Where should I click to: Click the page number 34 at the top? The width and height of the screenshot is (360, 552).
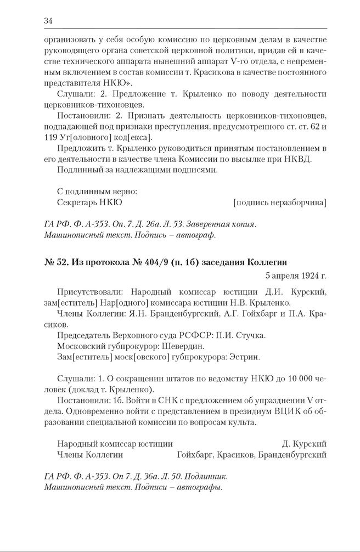coord(48,21)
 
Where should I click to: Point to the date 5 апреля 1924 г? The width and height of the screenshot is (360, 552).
coord(295,275)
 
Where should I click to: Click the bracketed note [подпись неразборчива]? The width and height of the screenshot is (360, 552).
coord(279,202)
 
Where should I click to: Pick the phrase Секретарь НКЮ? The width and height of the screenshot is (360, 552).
coord(89,202)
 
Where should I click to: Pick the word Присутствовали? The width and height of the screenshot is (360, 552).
coord(85,291)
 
